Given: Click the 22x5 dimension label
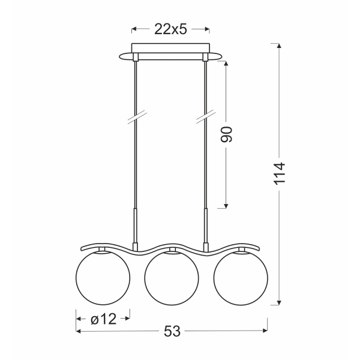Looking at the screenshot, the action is point(170,29).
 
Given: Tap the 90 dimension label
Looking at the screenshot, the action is point(226,134).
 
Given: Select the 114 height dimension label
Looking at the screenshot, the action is point(280,173).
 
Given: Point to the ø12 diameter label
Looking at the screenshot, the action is point(104,319).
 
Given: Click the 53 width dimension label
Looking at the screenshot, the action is point(172,331).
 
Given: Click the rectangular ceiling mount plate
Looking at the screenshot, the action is point(170,48).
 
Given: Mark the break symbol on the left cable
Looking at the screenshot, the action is point(137,116).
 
